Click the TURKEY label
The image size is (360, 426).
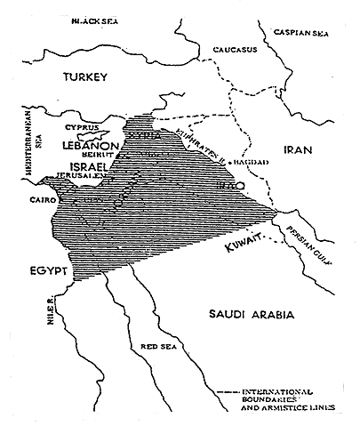pyautogui.click(x=84, y=79)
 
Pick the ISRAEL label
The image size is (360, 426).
pyautogui.click(x=77, y=166)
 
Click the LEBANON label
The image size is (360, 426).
pyautogui.click(x=90, y=143)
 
